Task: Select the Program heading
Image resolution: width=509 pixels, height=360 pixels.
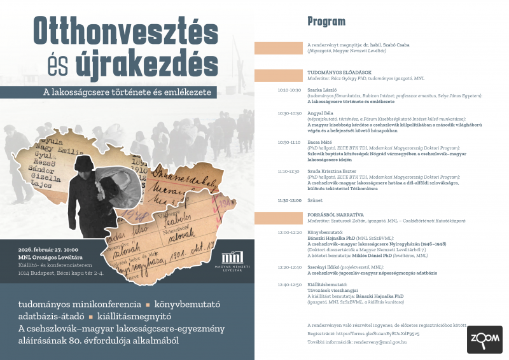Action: coord(326,21)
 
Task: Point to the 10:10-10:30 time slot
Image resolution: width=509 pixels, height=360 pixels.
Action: coord(289,90)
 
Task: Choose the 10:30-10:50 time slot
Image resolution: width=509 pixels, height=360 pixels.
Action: coord(289,113)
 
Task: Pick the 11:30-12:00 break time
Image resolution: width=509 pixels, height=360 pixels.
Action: coord(289,200)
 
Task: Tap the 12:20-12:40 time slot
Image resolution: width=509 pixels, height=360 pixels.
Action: coord(289,267)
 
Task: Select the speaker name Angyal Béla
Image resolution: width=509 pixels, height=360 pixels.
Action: coord(319,113)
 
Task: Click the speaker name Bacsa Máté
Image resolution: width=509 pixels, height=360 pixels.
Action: coord(319,142)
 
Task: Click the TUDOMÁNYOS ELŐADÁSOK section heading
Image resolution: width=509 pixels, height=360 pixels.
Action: coord(335,73)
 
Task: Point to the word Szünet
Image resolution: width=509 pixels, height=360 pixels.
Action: coord(315,200)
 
